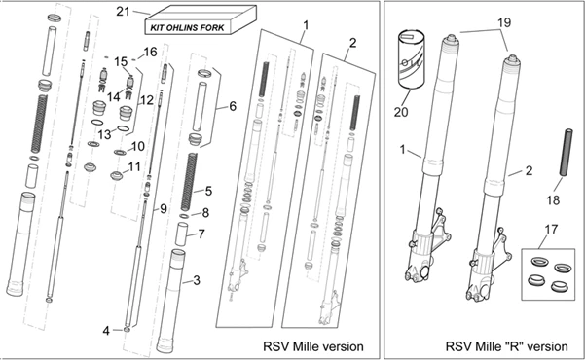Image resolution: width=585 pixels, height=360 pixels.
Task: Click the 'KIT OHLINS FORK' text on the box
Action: click(x=187, y=27)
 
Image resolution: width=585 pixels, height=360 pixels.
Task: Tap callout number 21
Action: click(x=123, y=12)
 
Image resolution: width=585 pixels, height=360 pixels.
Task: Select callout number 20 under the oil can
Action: click(x=401, y=112)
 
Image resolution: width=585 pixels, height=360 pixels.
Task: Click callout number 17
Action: click(x=552, y=229)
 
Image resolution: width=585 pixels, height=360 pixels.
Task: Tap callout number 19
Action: click(x=504, y=22)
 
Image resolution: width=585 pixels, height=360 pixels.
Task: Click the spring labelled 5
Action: click(x=189, y=182)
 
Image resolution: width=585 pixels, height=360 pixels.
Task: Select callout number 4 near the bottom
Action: click(x=106, y=331)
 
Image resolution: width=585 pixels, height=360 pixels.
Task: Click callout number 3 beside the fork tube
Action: click(x=197, y=280)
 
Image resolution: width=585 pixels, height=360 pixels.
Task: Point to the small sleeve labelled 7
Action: click(x=182, y=234)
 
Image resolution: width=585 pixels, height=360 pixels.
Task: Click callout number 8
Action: click(x=205, y=213)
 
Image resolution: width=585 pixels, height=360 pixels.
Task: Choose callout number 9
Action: click(x=163, y=209)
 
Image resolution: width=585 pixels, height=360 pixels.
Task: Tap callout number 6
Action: click(x=233, y=106)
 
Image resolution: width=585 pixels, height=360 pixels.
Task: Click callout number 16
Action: click(x=150, y=52)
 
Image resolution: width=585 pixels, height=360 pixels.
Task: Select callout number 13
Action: click(x=105, y=134)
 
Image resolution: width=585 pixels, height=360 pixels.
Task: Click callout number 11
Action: click(x=134, y=166)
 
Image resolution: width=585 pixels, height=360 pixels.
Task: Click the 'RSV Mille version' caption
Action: click(x=313, y=346)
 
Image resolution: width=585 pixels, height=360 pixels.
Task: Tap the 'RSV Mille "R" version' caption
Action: click(x=507, y=346)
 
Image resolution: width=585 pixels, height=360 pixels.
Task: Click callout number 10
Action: click(x=137, y=147)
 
